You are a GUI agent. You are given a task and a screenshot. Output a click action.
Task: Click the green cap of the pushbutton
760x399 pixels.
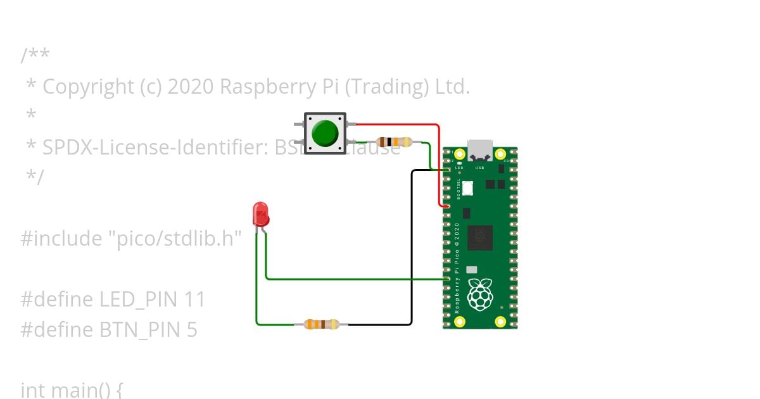point(326,133)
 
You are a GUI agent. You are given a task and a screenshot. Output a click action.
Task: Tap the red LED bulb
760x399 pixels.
point(260,215)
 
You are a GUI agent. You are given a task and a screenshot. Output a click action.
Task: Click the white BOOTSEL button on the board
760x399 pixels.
point(468,188)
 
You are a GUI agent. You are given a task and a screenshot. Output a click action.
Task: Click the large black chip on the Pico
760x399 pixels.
point(480,237)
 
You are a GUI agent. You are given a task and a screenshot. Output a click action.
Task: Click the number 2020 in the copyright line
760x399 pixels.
point(191,87)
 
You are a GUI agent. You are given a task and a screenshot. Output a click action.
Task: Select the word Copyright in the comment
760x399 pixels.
point(88,87)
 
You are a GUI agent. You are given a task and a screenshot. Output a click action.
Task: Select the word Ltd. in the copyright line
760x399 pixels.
point(452,87)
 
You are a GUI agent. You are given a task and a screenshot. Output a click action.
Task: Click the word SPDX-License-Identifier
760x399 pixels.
point(155,148)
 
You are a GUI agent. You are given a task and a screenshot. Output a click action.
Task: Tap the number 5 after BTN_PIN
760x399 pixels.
point(191,330)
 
